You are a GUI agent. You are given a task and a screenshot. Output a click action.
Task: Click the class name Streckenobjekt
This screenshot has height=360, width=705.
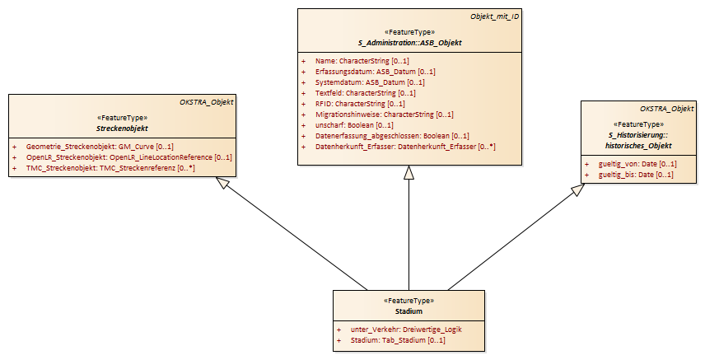point(122,129)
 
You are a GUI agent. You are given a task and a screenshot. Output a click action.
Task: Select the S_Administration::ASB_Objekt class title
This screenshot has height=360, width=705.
point(409,43)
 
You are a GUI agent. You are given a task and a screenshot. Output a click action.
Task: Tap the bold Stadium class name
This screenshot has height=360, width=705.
point(409,311)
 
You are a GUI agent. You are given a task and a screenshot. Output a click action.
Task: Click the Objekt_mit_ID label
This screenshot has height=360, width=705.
point(495,16)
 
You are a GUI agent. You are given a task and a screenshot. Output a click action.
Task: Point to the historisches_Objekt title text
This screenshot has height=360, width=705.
point(638,145)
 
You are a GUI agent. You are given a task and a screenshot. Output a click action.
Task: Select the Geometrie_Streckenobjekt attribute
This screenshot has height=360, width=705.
point(100,147)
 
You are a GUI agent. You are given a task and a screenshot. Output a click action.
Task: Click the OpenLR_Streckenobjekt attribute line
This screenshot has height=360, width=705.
point(129,157)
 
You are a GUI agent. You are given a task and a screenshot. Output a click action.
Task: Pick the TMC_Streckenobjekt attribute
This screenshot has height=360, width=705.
point(110,168)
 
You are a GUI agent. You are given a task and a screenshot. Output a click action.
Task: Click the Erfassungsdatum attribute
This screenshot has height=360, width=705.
point(376,72)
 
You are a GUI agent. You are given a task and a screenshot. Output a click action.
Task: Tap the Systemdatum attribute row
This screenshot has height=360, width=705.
point(370,82)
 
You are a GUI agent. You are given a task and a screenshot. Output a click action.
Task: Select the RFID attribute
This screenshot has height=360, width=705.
point(360,104)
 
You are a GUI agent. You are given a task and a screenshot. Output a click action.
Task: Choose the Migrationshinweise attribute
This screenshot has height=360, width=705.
point(385,115)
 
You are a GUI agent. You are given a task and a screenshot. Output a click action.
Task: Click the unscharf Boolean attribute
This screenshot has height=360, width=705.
point(354,125)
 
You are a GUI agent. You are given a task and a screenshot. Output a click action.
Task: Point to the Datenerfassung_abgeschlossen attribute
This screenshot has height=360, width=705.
point(392,136)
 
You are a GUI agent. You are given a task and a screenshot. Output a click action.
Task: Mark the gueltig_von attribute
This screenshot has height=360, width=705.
point(637,164)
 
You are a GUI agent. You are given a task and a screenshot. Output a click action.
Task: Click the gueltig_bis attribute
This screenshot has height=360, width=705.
point(636,175)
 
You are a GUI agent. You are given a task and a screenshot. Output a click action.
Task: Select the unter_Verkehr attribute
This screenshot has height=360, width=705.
point(407,330)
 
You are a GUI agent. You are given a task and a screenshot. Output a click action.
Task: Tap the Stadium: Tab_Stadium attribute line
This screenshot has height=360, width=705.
point(398,340)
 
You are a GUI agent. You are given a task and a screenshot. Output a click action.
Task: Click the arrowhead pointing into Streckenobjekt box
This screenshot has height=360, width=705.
point(222,182)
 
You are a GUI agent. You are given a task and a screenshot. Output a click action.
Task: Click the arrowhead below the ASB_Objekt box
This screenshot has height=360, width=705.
point(409,172)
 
